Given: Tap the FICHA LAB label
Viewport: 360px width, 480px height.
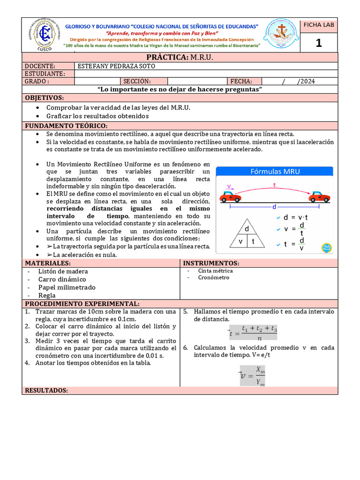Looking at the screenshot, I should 319,25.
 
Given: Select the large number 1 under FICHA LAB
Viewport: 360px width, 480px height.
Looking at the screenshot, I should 319,43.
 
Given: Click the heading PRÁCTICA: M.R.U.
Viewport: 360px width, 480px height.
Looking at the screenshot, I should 180,57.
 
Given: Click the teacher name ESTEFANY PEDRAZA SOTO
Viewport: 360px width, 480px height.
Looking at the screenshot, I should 116,67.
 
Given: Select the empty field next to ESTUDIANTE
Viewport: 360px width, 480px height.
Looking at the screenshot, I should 205,74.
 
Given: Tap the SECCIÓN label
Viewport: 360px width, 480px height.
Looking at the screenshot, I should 137,81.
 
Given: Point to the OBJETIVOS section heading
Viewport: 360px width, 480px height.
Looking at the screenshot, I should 44,97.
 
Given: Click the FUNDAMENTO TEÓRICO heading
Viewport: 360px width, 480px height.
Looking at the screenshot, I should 66,126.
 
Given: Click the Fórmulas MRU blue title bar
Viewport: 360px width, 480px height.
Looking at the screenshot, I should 274,172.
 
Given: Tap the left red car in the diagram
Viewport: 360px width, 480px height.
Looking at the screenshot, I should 231,197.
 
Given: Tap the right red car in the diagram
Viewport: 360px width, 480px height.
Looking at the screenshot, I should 320,197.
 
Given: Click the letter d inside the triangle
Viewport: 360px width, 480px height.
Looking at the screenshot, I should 247,229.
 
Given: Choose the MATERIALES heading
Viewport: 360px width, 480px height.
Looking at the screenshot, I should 48,263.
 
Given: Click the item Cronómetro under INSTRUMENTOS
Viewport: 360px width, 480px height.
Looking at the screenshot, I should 214,277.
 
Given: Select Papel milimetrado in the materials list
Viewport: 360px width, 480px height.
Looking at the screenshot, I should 67,287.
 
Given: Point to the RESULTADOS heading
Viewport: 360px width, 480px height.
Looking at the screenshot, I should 46,390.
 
